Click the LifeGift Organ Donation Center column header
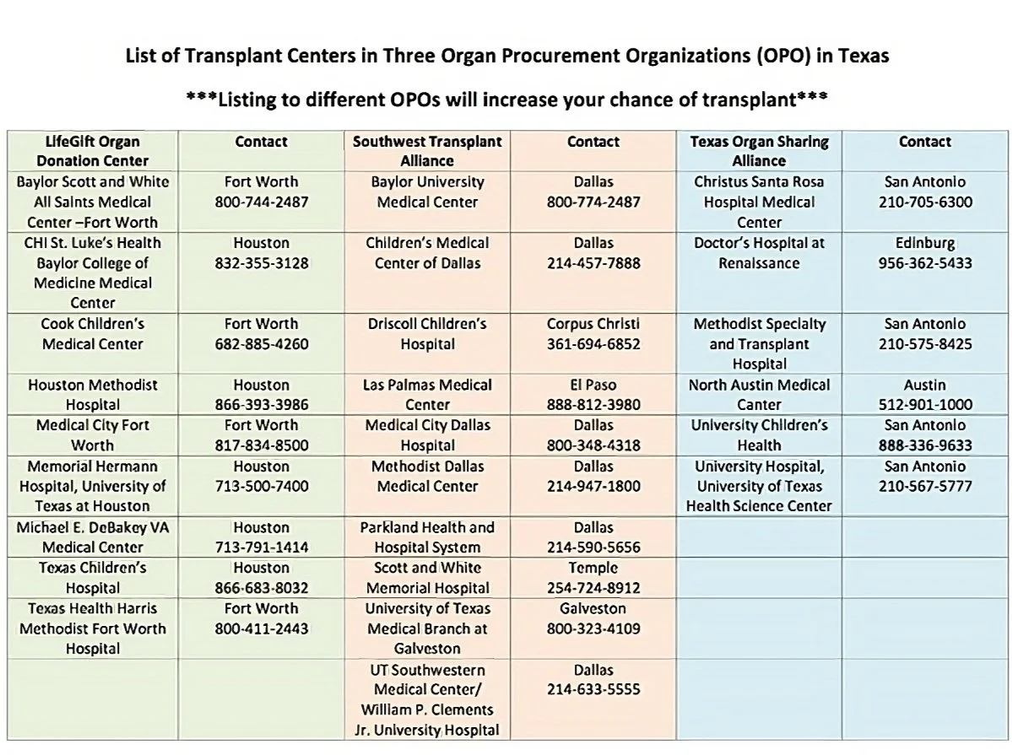click(93, 151)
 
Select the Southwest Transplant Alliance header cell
click(427, 151)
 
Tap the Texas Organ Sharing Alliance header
click(759, 151)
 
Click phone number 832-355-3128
click(261, 263)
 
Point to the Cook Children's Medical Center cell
click(93, 334)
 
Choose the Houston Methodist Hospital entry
click(93, 395)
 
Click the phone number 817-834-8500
click(261, 445)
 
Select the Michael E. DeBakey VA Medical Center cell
click(93, 537)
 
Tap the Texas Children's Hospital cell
click(93, 578)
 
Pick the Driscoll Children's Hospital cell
click(427, 334)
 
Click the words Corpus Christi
click(593, 324)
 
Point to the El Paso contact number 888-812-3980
click(593, 405)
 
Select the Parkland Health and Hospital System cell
click(427, 537)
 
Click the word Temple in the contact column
click(593, 568)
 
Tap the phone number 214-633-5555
click(593, 690)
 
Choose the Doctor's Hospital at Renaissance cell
click(759, 253)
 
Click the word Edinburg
click(925, 243)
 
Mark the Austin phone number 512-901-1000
click(925, 405)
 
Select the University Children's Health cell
click(759, 435)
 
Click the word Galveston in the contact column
click(593, 608)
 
